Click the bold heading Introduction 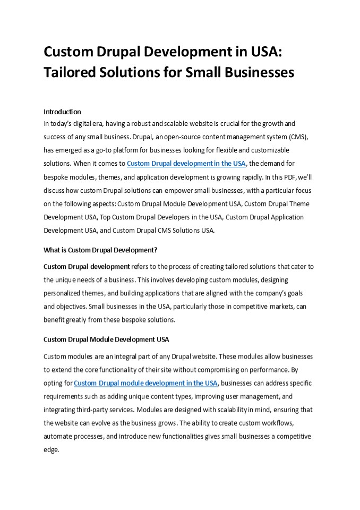(62, 112)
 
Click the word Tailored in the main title (70, 73)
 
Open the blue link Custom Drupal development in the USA (186, 164)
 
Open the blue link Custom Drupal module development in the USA (145, 383)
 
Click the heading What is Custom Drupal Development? (100, 250)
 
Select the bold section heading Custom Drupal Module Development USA (106, 339)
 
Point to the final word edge (52, 449)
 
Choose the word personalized (63, 293)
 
